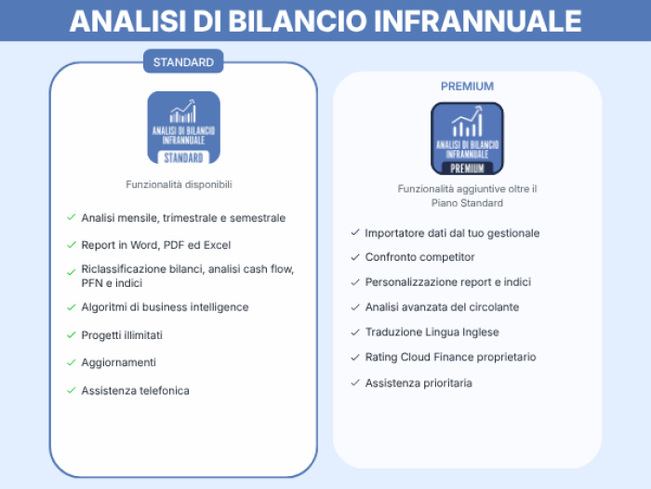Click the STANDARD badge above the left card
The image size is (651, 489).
pyautogui.click(x=183, y=61)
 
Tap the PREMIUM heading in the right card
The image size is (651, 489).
pyautogui.click(x=467, y=87)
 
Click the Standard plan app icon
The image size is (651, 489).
pyautogui.click(x=183, y=128)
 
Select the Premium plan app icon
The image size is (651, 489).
pyautogui.click(x=467, y=139)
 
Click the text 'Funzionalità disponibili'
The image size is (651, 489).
pyautogui.click(x=179, y=184)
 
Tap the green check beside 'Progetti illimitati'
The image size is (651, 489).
pyautogui.click(x=72, y=334)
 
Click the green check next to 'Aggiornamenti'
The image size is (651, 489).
pyautogui.click(x=72, y=362)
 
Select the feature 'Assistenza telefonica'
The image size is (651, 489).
pyautogui.click(x=136, y=391)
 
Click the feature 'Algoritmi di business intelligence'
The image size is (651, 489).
pyautogui.click(x=165, y=307)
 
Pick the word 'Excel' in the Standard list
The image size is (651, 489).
pyautogui.click(x=217, y=245)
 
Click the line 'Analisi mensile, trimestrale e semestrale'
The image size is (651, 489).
pyautogui.click(x=183, y=218)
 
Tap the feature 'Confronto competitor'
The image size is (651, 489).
pyautogui.click(x=419, y=257)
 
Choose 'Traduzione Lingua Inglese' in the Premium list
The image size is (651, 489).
pyautogui.click(x=432, y=333)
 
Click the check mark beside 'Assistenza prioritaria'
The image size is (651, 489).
pyautogui.click(x=355, y=383)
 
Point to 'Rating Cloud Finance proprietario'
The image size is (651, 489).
pyautogui.click(x=450, y=357)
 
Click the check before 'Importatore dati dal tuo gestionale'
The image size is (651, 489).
pyautogui.click(x=355, y=233)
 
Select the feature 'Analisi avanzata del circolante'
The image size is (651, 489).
pyautogui.click(x=442, y=307)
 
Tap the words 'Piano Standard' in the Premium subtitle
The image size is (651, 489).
pyautogui.click(x=467, y=203)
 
